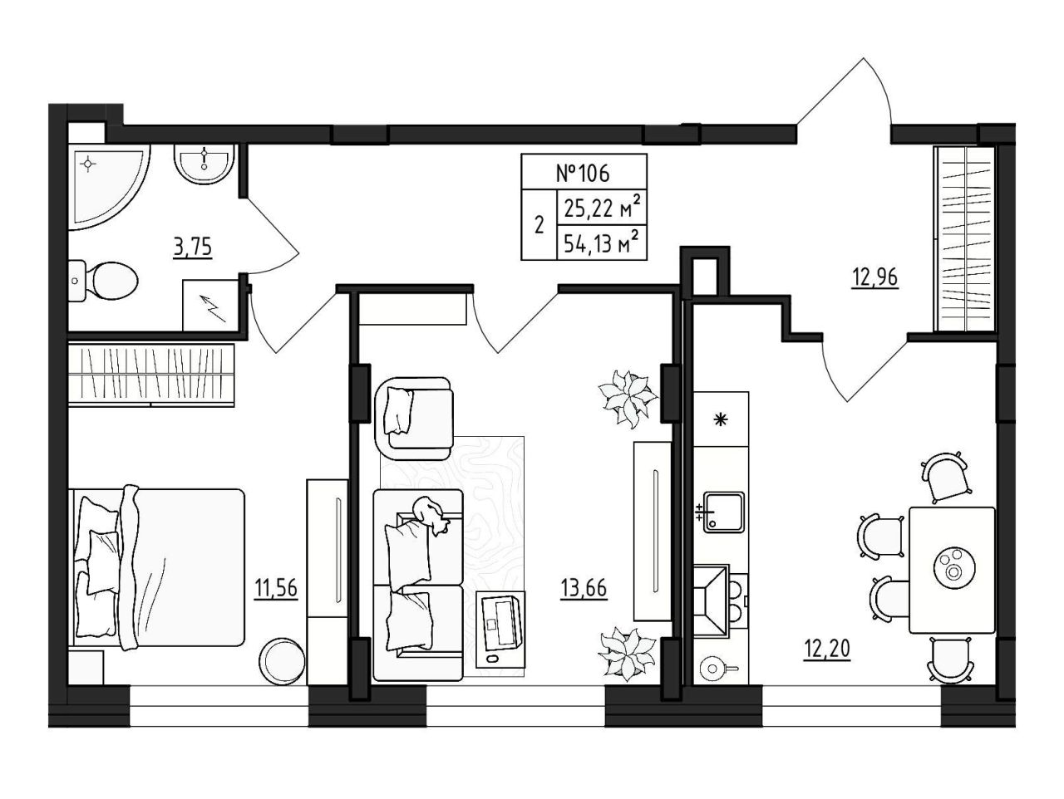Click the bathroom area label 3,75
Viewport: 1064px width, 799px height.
(193, 248)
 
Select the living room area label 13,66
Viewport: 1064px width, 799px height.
(584, 590)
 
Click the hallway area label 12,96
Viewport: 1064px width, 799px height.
(875, 278)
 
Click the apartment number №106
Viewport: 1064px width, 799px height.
(584, 173)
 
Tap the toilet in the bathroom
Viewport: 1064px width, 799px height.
(103, 281)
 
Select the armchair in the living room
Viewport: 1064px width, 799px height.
(415, 413)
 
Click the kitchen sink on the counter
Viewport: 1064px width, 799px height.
(723, 512)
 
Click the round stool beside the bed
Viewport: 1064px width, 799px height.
(282, 661)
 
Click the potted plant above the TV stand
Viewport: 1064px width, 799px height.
(628, 399)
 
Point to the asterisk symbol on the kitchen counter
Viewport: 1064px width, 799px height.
(722, 419)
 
